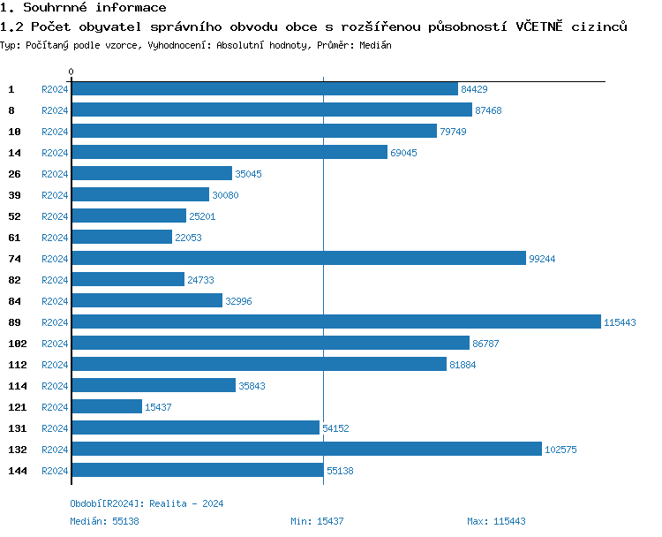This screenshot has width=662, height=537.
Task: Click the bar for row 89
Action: coord(335,322)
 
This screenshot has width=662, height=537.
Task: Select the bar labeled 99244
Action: coord(298,259)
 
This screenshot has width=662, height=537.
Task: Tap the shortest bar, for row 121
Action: coord(106,407)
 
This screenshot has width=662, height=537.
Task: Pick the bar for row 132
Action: coord(305,450)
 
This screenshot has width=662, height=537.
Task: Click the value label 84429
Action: coord(474,89)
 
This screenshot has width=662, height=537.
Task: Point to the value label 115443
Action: coord(620,322)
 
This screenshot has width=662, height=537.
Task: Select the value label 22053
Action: coord(188,238)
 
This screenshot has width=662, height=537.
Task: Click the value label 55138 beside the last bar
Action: coord(340,471)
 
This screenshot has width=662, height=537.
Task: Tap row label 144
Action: coord(18,471)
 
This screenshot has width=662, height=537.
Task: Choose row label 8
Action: coord(11,110)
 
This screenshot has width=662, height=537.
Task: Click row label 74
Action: coord(14,259)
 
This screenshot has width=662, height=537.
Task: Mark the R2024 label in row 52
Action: coord(55,216)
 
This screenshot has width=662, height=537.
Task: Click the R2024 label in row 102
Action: coord(55,344)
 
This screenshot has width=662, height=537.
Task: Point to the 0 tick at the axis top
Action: coord(71,72)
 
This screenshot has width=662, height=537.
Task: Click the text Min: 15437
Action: coord(317,521)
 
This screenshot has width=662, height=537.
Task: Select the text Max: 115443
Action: coord(496,521)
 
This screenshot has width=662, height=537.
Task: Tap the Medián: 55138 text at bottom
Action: coord(104,521)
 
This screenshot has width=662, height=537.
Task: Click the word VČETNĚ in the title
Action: coord(542,26)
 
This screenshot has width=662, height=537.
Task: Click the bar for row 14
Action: coord(229,153)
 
